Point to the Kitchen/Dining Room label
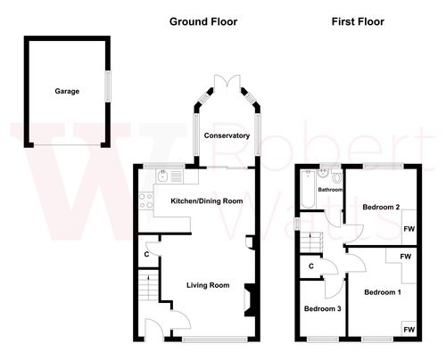(207, 201)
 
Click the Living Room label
(208, 285)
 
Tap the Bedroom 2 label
(381, 208)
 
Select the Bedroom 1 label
(381, 291)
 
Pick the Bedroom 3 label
(322, 308)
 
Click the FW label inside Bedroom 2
(409, 229)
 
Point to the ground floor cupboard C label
(145, 255)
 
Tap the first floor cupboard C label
(311, 266)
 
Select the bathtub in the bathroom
(308, 189)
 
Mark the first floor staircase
(311, 241)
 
